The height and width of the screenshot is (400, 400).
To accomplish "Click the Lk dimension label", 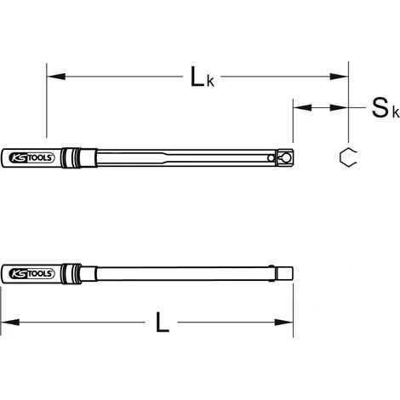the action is [203, 77].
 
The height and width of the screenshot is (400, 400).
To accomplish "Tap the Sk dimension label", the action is [386, 108].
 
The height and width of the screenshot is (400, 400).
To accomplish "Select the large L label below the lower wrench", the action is [163, 323].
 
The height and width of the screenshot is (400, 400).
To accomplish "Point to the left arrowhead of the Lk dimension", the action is [56, 77].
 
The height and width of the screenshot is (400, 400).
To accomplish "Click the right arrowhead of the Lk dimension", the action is [339, 77].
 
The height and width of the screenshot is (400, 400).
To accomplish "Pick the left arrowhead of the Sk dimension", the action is [302, 108].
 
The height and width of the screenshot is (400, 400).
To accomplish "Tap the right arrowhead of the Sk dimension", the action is [339, 108].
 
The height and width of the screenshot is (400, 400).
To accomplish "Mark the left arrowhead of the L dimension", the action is [10, 323].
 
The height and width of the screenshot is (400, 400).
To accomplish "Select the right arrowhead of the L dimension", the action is [283, 323].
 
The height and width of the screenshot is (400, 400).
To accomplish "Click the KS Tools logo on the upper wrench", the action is [31, 157].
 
